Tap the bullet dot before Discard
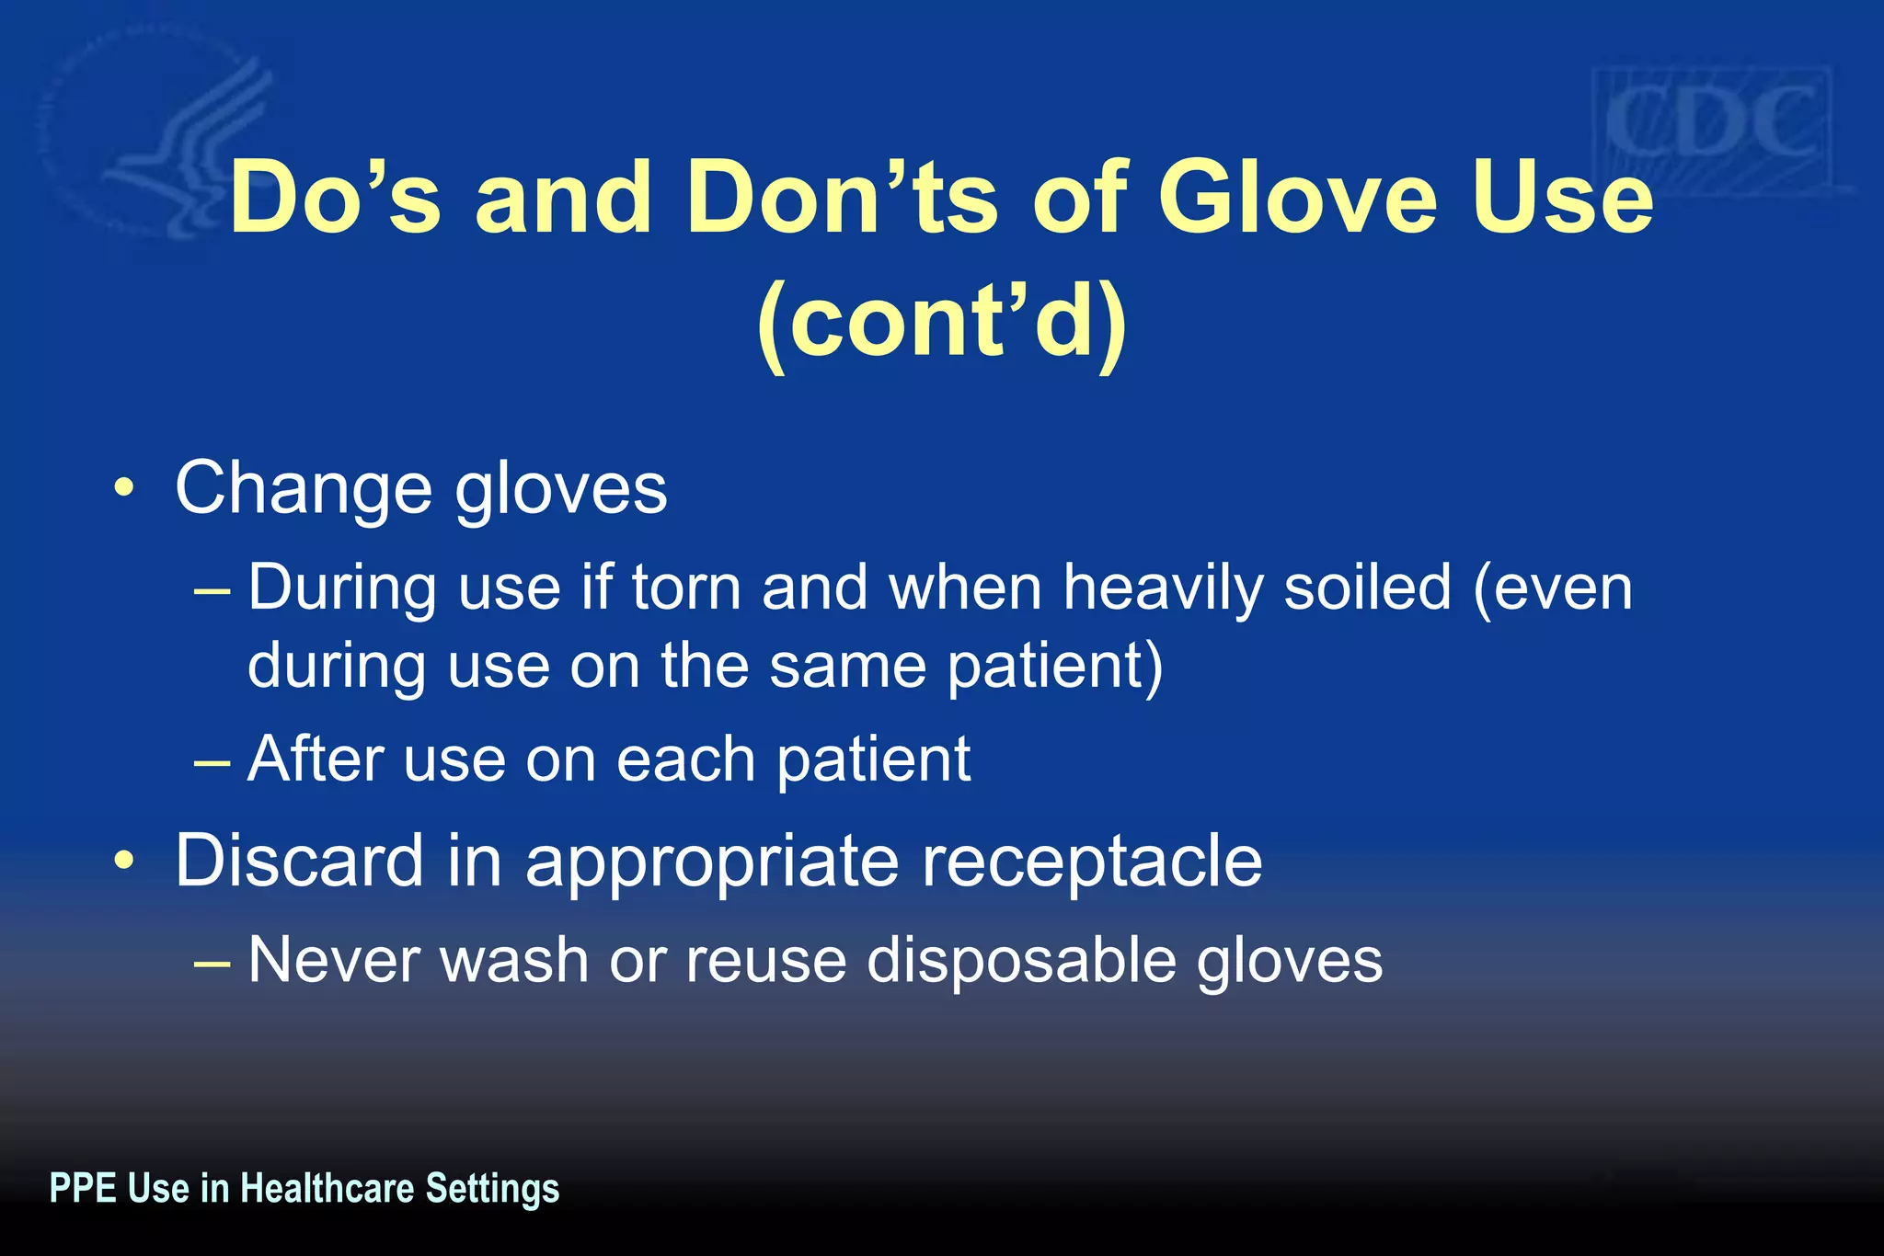click(x=124, y=861)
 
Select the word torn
click(x=686, y=588)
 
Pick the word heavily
click(x=1163, y=588)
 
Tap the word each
click(x=685, y=759)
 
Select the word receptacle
click(x=1092, y=861)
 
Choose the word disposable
click(x=1021, y=961)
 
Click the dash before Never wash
click(x=213, y=961)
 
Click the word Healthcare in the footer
click(x=327, y=1188)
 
